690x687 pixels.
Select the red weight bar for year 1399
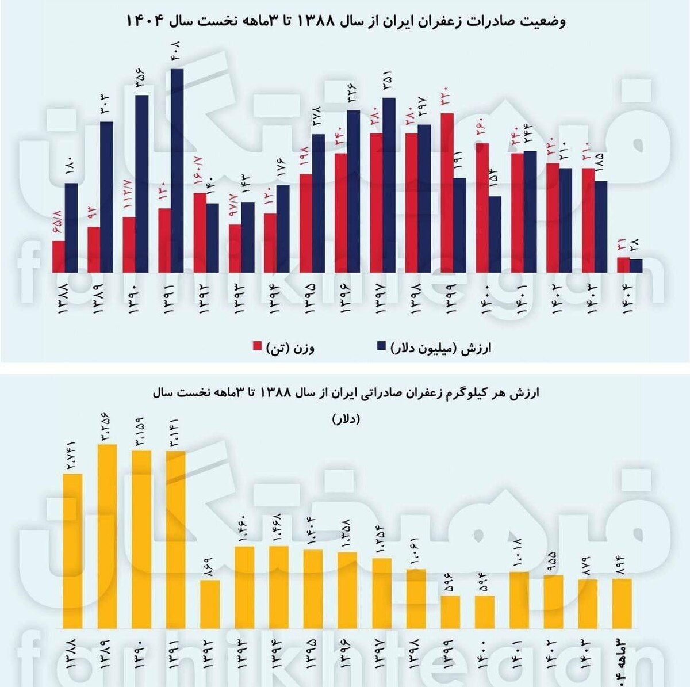pos(447,193)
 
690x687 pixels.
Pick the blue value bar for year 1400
pos(494,234)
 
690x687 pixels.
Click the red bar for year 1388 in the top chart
pos(58,256)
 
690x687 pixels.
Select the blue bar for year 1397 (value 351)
pos(389,185)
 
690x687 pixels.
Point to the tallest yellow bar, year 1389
pos(108,536)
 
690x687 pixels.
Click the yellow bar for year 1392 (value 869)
pos(210,604)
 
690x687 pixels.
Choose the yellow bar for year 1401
pos(519,600)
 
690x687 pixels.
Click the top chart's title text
pos(345,22)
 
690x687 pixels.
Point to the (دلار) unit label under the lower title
pos(345,419)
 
